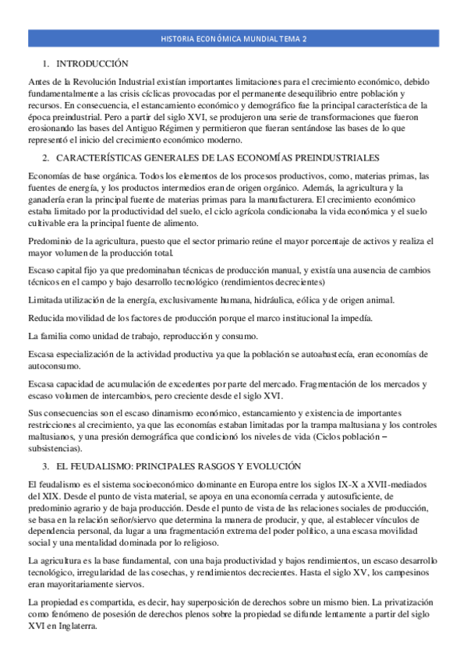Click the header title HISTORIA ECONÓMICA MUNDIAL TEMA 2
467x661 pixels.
point(233,37)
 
